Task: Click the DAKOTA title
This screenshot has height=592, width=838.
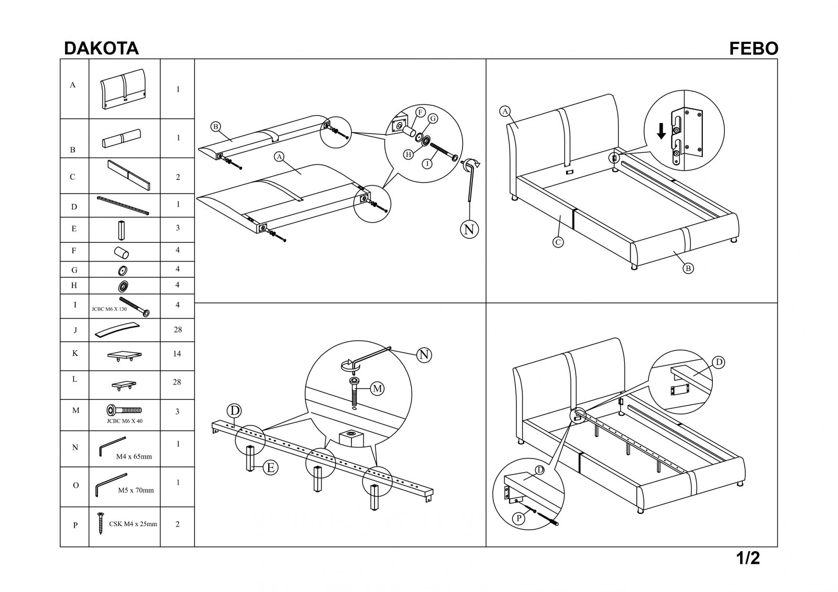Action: pyautogui.click(x=102, y=49)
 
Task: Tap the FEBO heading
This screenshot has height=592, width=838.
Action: pyautogui.click(x=754, y=49)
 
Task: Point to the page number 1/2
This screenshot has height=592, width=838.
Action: pyautogui.click(x=748, y=559)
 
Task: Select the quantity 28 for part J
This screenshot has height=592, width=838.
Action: pyautogui.click(x=178, y=329)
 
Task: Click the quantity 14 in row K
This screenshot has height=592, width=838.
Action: pyautogui.click(x=177, y=353)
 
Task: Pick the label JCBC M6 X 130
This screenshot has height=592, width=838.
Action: pyautogui.click(x=109, y=309)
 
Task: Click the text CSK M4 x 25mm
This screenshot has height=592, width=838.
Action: pyautogui.click(x=133, y=524)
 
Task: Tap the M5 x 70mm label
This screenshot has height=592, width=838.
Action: pyautogui.click(x=136, y=490)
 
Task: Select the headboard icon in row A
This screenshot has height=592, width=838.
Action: pyautogui.click(x=123, y=89)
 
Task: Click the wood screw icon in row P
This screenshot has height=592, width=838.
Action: pyautogui.click(x=100, y=523)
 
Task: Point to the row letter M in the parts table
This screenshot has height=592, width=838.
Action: pyautogui.click(x=75, y=410)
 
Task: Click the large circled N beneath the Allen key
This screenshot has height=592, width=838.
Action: pyautogui.click(x=469, y=229)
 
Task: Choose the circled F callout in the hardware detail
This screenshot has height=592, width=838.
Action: pyautogui.click(x=420, y=112)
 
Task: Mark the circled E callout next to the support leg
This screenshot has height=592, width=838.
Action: pyautogui.click(x=270, y=467)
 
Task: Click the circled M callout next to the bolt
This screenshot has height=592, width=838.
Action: pyautogui.click(x=378, y=389)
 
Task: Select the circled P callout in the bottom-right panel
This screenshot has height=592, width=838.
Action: pyautogui.click(x=519, y=518)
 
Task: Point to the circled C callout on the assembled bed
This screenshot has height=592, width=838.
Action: pyautogui.click(x=558, y=242)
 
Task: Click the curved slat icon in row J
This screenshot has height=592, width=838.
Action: pyautogui.click(x=117, y=330)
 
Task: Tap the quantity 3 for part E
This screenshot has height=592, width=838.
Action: pyautogui.click(x=178, y=228)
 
